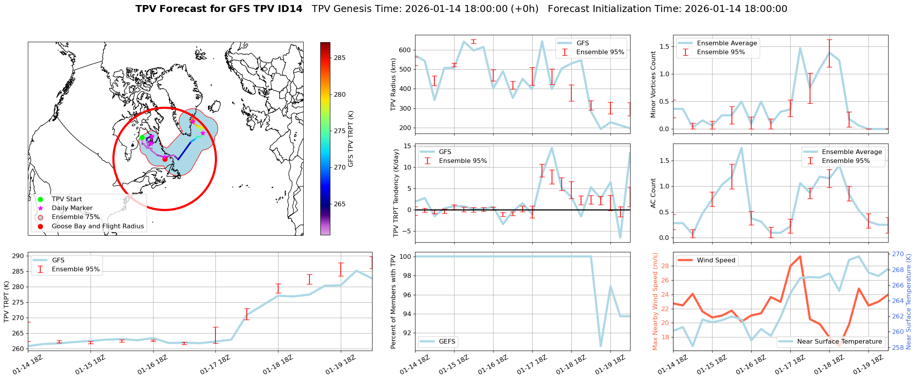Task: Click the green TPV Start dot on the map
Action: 142,137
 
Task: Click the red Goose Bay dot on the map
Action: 165,159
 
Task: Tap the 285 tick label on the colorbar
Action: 340,58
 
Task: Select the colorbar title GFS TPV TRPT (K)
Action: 351,139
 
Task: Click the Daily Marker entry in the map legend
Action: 72,208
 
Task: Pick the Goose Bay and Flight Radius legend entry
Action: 97,226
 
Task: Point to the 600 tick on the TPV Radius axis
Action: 405,50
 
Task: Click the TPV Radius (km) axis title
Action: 393,84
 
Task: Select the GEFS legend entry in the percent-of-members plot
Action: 447,341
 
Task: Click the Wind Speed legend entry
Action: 716,260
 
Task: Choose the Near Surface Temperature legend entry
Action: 839,341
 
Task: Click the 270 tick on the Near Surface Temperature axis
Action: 898,254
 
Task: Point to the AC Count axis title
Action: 653,193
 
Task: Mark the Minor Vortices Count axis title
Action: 653,84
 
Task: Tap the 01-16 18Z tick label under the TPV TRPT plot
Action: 152,365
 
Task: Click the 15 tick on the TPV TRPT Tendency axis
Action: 407,146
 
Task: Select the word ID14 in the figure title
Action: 287,9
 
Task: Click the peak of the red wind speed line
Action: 800,256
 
